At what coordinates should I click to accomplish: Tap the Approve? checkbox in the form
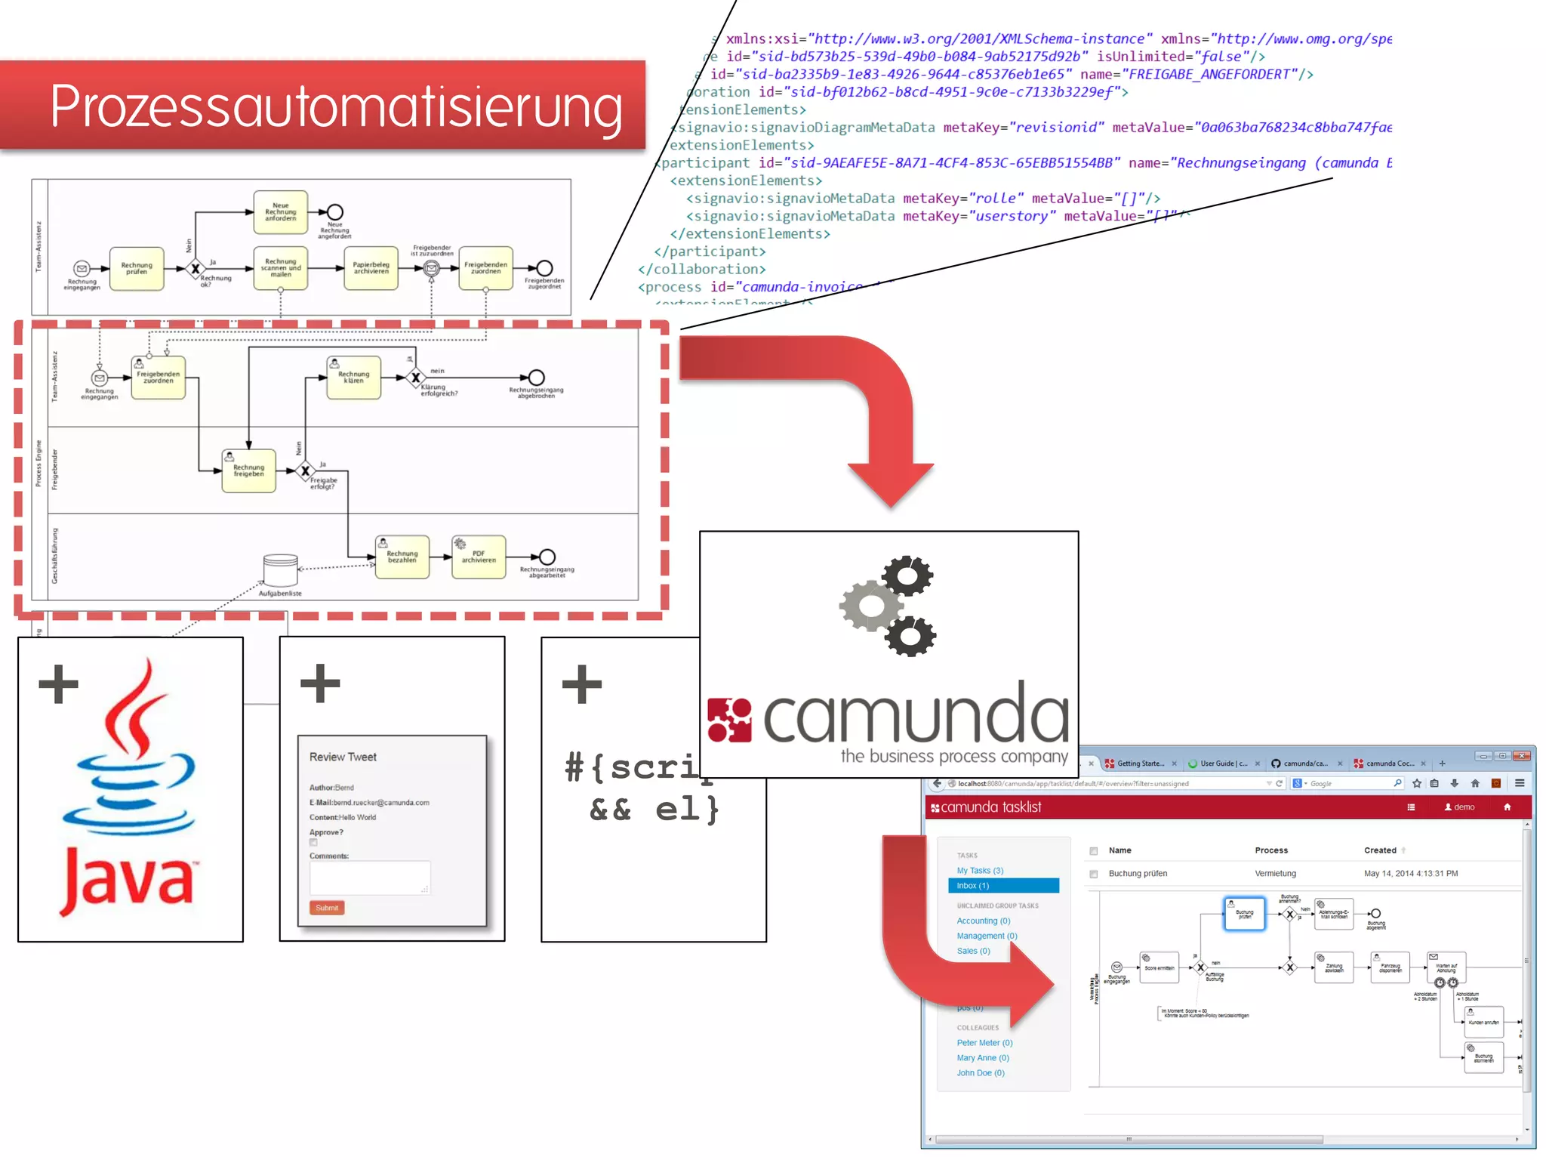(314, 843)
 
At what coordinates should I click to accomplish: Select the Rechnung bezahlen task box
(402, 557)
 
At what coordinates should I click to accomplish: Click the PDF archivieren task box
(479, 557)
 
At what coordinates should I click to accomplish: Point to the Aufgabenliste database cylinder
(280, 571)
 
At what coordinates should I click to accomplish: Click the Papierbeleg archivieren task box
(371, 268)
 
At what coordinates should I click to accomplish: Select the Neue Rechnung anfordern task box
(280, 212)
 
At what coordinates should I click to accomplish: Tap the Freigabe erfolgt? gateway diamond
(305, 471)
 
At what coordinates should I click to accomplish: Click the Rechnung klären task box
(353, 378)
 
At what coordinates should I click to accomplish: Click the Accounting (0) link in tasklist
(983, 921)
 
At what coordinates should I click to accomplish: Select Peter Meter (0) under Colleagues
(984, 1043)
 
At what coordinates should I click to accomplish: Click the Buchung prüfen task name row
(1138, 874)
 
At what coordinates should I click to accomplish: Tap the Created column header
(1380, 850)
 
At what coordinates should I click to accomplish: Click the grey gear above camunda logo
(870, 606)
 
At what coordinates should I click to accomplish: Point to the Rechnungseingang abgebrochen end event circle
(536, 378)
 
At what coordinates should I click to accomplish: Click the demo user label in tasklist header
(1460, 807)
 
